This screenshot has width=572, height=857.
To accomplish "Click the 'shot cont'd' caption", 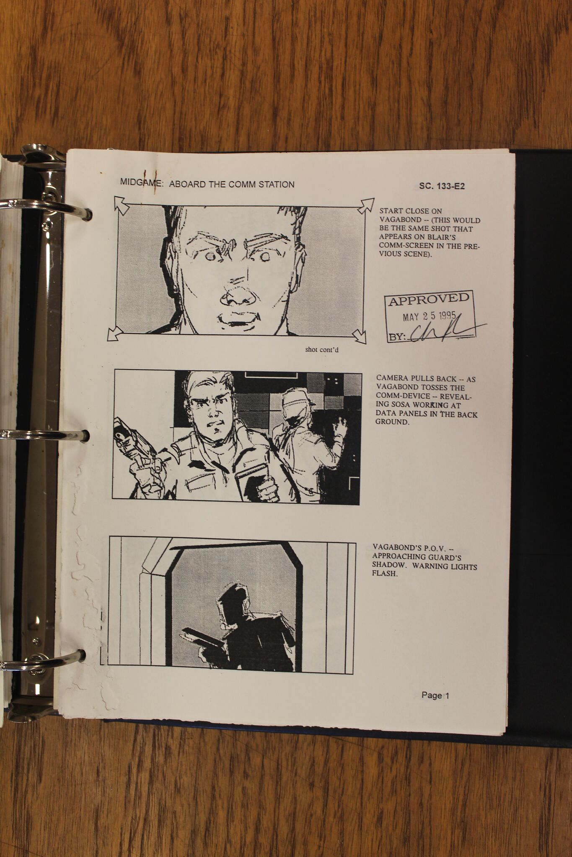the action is coord(322,350).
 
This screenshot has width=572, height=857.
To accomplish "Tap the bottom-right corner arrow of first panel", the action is coord(359,336).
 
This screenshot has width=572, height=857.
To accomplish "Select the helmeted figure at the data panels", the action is coord(308,437).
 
